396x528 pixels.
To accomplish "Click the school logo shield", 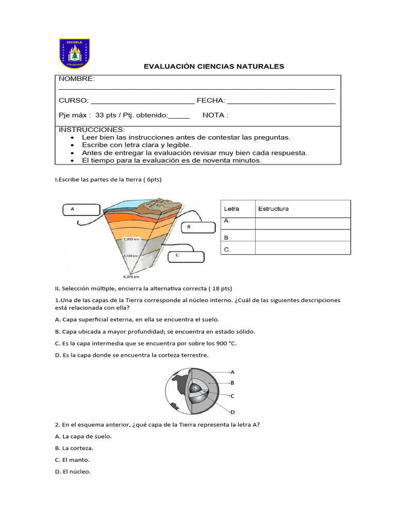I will click(74, 53).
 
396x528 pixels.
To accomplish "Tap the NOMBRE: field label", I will click(76, 78).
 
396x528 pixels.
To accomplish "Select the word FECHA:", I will click(211, 101).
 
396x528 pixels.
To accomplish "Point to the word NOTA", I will click(213, 115).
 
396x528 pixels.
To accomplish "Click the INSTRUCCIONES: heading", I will click(92, 129).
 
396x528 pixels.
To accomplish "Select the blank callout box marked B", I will click(197, 227).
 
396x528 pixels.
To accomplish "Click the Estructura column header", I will click(273, 209).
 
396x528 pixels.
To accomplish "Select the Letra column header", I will click(232, 209).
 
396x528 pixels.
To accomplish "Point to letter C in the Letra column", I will click(226, 249).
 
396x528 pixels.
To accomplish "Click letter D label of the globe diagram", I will click(233, 412).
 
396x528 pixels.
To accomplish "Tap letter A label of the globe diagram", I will click(233, 371).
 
